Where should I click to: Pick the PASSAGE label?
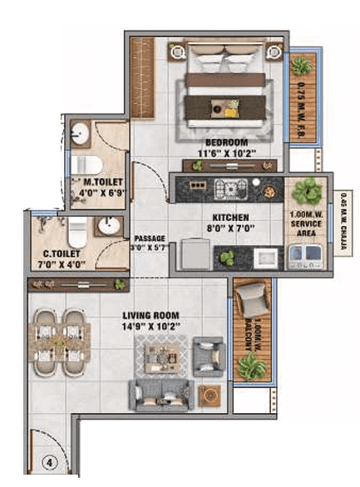point(150,237)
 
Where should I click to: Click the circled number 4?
point(50,462)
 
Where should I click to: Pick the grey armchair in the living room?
point(207,357)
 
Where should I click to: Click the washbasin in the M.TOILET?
point(81,135)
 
